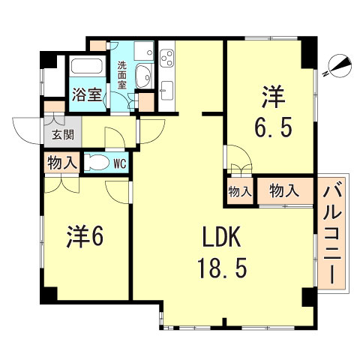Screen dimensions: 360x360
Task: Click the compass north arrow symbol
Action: (340, 67)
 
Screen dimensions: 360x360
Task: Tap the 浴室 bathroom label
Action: (87, 95)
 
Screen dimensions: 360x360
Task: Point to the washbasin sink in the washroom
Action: (145, 77)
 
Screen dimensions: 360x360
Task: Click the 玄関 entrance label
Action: (61, 136)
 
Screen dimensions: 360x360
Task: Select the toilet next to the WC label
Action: (96, 163)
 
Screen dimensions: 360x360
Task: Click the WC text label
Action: (118, 163)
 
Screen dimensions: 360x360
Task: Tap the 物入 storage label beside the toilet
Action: (60, 162)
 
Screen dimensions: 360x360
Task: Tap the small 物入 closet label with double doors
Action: (239, 192)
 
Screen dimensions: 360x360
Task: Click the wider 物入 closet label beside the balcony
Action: (284, 190)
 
